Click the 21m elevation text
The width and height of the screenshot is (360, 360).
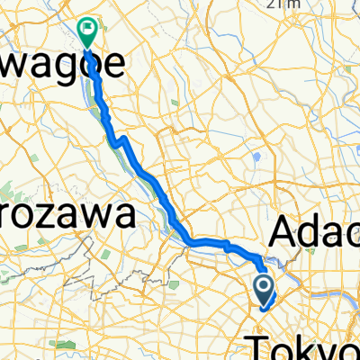click(x=288, y=4)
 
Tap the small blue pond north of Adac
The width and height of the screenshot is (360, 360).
click(x=257, y=157)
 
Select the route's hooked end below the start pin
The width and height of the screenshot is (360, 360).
click(x=262, y=306)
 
